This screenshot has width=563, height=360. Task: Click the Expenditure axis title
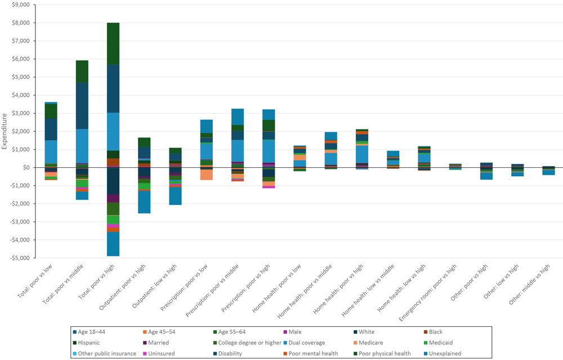click(5, 131)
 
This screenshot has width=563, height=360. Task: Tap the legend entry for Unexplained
click(444, 353)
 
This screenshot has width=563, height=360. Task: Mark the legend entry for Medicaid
click(440, 343)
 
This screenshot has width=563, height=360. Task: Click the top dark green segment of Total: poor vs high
click(113, 43)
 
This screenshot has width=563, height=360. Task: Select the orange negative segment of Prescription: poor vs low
click(207, 175)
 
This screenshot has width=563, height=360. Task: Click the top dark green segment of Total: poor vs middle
click(82, 72)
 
